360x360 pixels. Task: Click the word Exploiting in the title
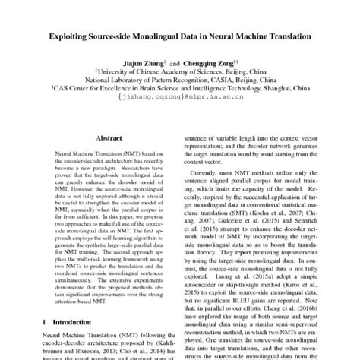point(74,35)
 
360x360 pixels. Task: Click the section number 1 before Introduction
point(41,322)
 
